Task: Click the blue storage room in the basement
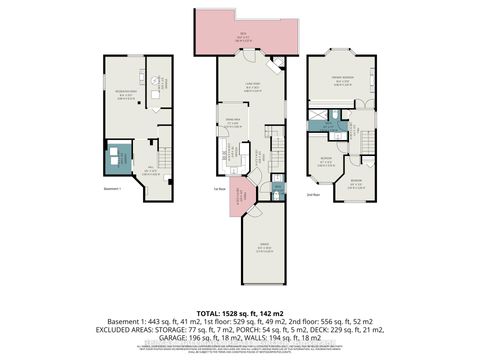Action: pyautogui.click(x=120, y=154)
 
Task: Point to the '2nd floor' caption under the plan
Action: pyautogui.click(x=314, y=196)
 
